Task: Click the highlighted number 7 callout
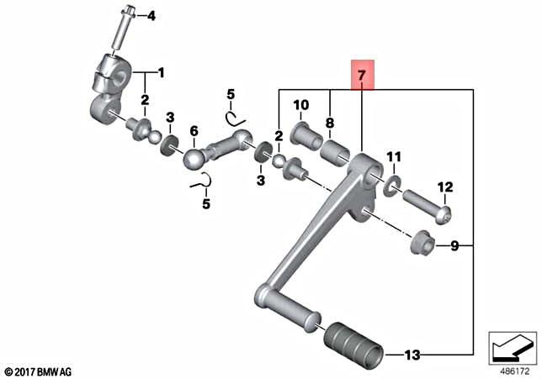coord(361,76)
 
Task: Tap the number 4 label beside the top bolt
coord(151,16)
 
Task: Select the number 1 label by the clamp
coord(162,72)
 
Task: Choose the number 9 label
coord(454,246)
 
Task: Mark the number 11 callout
coord(394,157)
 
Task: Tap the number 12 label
coord(444,187)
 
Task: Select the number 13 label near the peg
coord(411,355)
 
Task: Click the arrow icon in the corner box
coord(512,345)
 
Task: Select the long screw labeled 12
coord(428,207)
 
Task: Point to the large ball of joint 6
coord(194,158)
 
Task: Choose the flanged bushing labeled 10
coord(303,134)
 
